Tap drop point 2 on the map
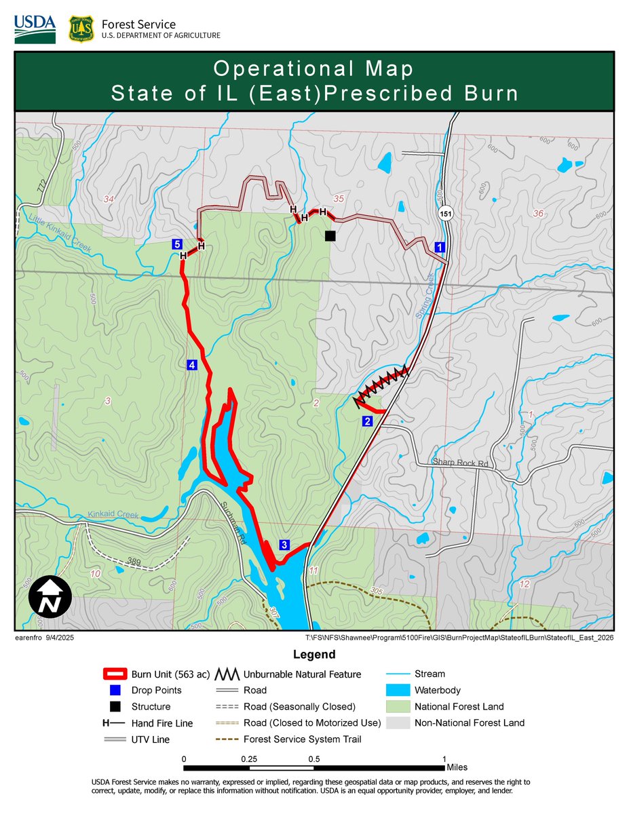pos(367,421)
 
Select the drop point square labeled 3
pos(284,545)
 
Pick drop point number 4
pos(192,365)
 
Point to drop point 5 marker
pos(176,244)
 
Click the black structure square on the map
pos(330,236)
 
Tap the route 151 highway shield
pos(444,214)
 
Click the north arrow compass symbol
pos(50,597)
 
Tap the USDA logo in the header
pos(35,28)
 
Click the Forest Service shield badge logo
pos(81,29)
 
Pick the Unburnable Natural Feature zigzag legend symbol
pos(228,674)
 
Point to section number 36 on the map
pos(539,213)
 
